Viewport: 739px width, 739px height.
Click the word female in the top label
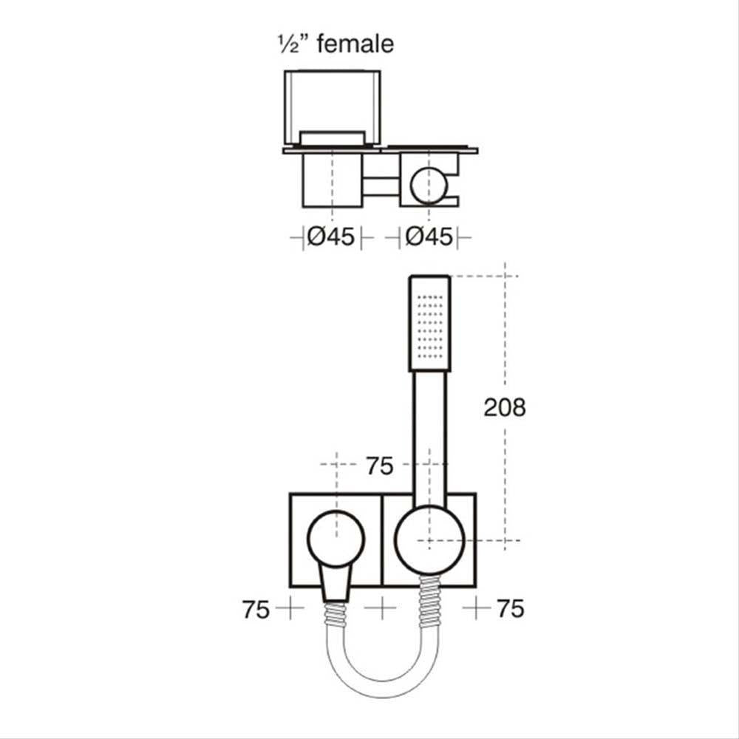(355, 44)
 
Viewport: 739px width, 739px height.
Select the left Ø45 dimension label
(331, 236)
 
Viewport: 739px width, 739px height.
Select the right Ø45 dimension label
(429, 236)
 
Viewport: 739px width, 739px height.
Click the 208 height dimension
(505, 407)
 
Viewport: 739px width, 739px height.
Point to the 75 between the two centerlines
(380, 466)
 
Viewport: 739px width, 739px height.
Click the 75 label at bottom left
(256, 610)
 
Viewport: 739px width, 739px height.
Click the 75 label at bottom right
(511, 608)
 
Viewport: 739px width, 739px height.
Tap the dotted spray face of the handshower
(431, 326)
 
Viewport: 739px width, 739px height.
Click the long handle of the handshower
(429, 438)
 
